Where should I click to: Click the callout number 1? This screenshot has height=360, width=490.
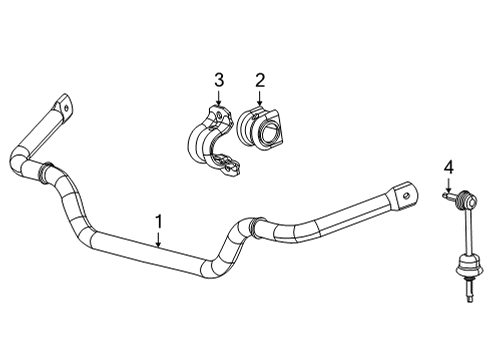tap(157, 219)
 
